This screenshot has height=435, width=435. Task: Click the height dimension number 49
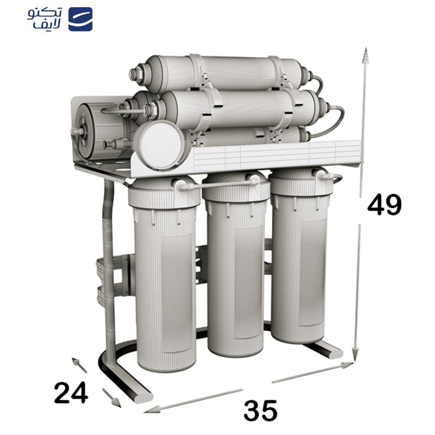384,205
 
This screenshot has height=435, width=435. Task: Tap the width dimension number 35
260,411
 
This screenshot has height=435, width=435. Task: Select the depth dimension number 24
71,393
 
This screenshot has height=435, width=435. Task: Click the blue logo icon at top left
80,20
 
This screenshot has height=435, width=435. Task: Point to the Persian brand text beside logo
45,19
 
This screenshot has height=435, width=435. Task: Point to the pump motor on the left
98,130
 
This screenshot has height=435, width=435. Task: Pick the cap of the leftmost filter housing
161,190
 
